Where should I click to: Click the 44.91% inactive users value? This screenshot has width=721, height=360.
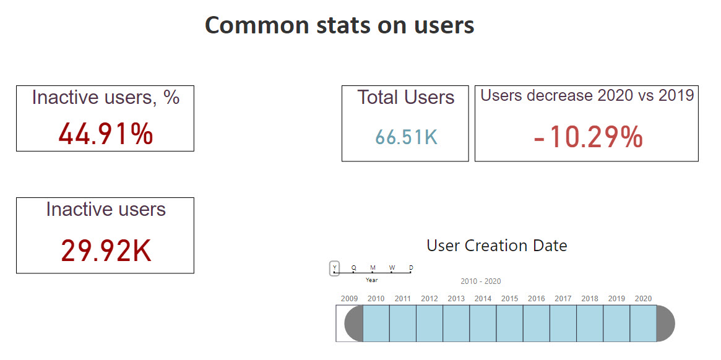105,134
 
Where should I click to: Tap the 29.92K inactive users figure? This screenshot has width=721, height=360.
106,251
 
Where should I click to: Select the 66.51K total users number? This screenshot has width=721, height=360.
406,137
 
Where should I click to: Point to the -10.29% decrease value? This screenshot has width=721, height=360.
587,137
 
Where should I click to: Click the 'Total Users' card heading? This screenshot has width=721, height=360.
405,97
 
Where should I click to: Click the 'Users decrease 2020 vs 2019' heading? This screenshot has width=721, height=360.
587,95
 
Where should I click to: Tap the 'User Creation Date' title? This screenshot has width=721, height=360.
496,246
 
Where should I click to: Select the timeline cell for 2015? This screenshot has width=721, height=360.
509,323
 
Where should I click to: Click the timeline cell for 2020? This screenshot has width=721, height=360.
643,323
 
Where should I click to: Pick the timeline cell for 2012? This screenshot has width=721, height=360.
429,323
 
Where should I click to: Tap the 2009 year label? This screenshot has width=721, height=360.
349,299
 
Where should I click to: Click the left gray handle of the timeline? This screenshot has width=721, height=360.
354,323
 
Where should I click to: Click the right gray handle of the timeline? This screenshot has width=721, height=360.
665,323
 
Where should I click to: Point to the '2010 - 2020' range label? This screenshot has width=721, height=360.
480,281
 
